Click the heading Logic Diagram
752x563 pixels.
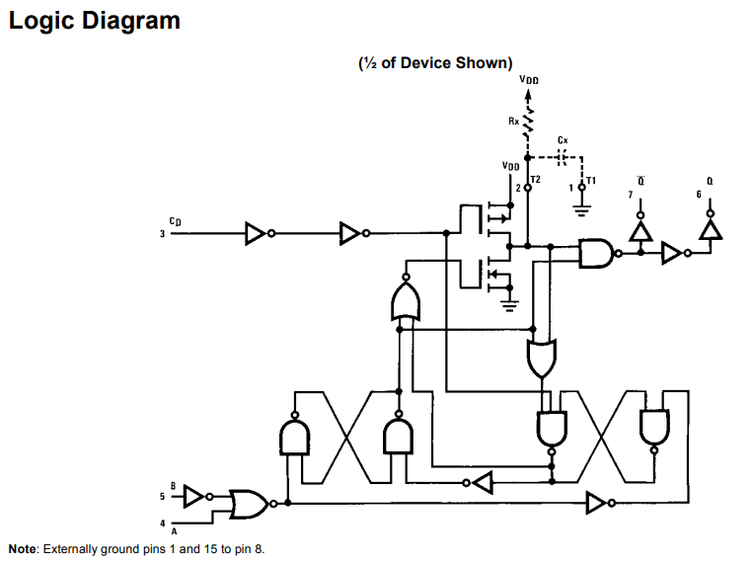tap(95, 21)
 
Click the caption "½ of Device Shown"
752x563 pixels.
tap(435, 63)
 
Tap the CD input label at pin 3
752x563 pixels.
tap(175, 221)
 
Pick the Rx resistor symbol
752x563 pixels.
tap(528, 121)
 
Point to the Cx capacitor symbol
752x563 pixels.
tap(563, 157)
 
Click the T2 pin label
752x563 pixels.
tap(536, 179)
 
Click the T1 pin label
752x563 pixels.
tap(591, 181)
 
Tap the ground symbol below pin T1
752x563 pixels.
tap(581, 209)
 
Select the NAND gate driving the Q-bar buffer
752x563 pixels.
tap(599, 253)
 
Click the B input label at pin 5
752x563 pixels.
tap(173, 486)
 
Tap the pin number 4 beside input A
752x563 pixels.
tap(163, 523)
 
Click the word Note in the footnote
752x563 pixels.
tap(22, 549)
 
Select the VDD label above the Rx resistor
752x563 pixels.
tap(529, 80)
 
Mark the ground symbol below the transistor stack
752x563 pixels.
tap(509, 306)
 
